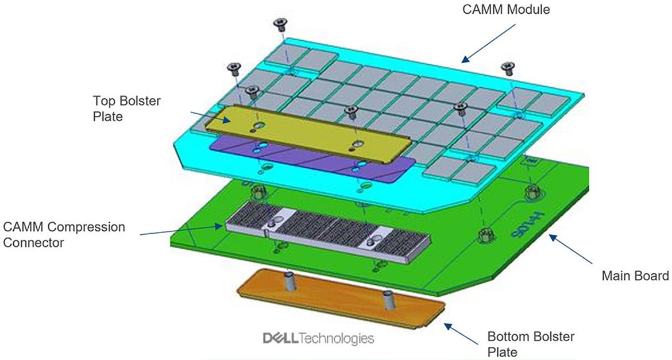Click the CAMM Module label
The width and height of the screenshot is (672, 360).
(x=505, y=9)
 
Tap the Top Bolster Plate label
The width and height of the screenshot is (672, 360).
(x=127, y=109)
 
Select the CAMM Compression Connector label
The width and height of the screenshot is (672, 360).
(x=64, y=234)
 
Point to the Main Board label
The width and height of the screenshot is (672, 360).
(x=635, y=276)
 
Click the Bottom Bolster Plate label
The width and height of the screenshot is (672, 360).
(x=531, y=344)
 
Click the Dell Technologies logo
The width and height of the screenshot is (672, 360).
(x=318, y=338)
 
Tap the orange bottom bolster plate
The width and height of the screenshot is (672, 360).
(x=341, y=299)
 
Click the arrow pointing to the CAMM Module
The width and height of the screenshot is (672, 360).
(x=489, y=43)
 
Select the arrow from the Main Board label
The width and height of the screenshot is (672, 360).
(x=571, y=249)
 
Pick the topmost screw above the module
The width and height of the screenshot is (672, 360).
(x=280, y=24)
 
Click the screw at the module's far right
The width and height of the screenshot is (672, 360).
(x=508, y=68)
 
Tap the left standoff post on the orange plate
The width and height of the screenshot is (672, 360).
(x=290, y=281)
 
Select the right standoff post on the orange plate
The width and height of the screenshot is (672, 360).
(x=388, y=300)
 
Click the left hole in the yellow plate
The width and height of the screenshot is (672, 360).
(x=259, y=126)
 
